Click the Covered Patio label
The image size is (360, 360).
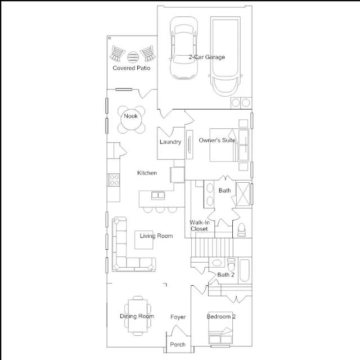point(131,68)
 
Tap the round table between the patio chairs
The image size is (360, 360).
point(133,57)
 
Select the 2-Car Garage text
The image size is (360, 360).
point(206,57)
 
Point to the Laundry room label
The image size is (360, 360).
point(170,142)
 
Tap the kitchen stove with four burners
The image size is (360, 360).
point(114,180)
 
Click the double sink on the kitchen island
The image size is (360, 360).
point(158,195)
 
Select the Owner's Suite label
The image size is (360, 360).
point(217,140)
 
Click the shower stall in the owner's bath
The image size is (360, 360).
point(242,194)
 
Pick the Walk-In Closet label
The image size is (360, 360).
point(199,226)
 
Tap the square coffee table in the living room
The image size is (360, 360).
point(144,240)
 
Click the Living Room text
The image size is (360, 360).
point(156,236)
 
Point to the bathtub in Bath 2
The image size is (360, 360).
point(245,271)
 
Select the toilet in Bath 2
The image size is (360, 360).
point(231,265)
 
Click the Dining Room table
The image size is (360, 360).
point(138,316)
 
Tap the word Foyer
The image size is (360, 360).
point(178,317)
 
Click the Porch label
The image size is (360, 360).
point(178,344)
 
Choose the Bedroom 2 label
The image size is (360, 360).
point(221,317)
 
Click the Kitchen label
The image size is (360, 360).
point(147,173)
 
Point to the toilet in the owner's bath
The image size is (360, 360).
point(241,229)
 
